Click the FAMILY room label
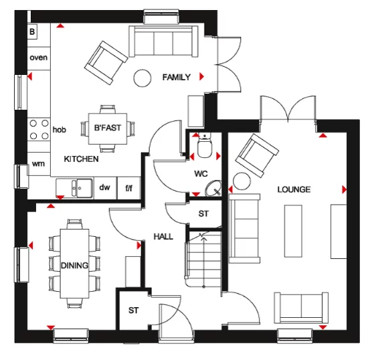coord(177,78)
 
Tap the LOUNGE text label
coord(294,190)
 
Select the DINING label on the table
coord(75,266)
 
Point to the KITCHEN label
coord(81,159)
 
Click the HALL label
coord(164,236)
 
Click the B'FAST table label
coord(107,127)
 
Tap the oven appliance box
coord(39,58)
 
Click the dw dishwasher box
coord(104,188)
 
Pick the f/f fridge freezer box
coord(129,188)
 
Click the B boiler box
coord(31,31)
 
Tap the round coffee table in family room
coord(143,78)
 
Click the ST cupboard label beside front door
coord(134,310)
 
